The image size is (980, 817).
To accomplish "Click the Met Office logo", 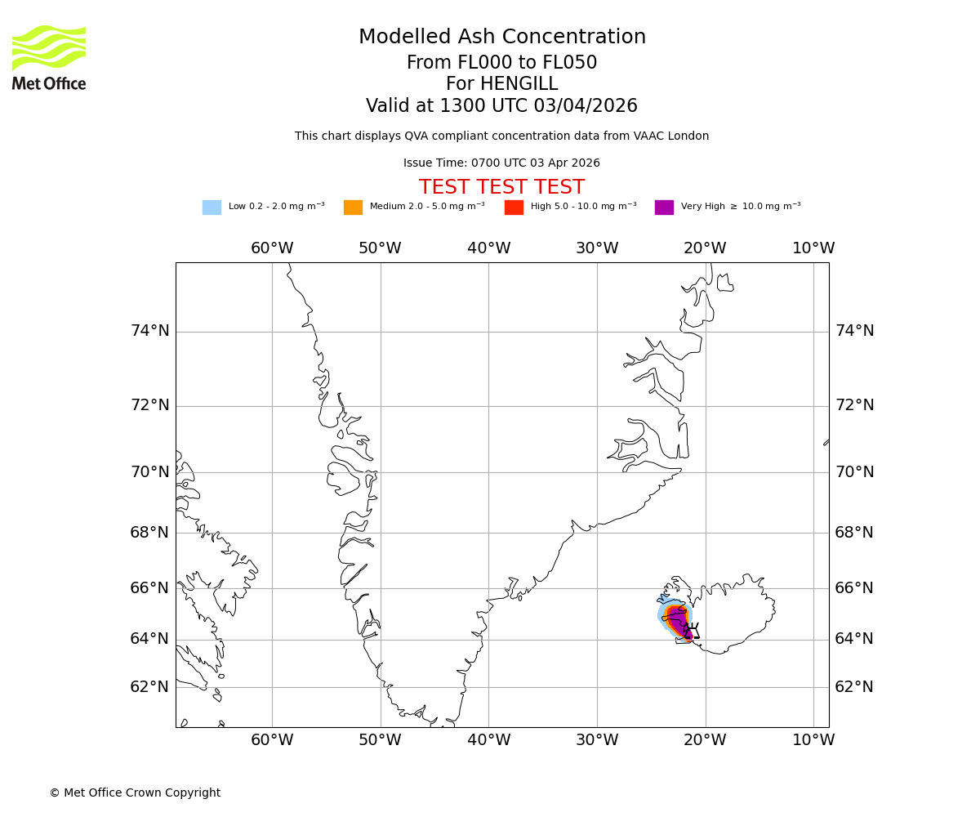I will click(x=49, y=57).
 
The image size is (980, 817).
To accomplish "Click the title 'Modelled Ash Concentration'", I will click(x=501, y=38).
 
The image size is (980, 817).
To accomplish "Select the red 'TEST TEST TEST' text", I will click(x=501, y=187).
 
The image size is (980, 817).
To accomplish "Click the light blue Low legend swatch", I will click(x=212, y=208).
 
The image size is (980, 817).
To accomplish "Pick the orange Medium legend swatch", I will click(x=353, y=208).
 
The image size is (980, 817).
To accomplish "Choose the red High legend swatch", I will click(x=514, y=208).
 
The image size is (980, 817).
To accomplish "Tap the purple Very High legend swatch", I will click(x=664, y=208).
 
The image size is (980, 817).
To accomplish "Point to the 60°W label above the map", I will click(x=272, y=248).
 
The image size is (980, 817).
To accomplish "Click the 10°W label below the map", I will click(x=813, y=740).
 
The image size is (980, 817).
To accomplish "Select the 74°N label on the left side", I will click(x=150, y=331).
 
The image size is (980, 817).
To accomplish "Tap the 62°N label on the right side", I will click(x=854, y=687).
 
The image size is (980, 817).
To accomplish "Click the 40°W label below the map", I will click(x=488, y=740).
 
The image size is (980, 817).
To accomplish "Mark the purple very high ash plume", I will click(x=679, y=621).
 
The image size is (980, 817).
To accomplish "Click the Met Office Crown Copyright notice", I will click(x=135, y=792).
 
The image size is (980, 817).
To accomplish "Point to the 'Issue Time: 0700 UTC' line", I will click(x=501, y=163).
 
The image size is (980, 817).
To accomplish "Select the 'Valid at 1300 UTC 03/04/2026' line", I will click(x=501, y=106).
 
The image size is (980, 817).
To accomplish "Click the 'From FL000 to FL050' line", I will click(x=501, y=63).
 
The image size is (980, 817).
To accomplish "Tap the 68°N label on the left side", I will click(x=150, y=533).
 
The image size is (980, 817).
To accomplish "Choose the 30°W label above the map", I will click(x=597, y=248).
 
